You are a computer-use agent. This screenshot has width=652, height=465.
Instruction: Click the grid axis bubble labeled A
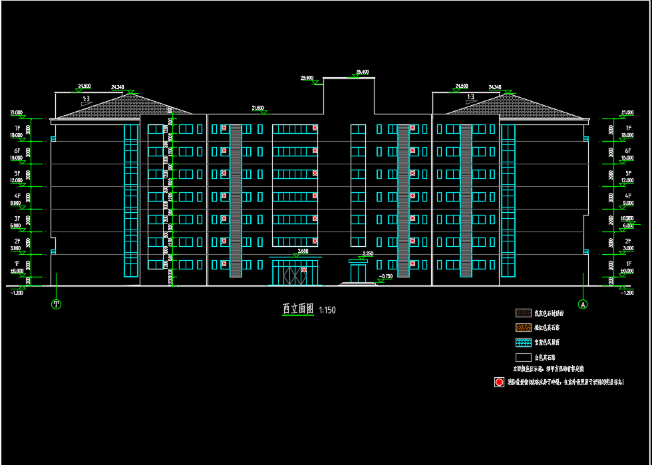coord(583,304)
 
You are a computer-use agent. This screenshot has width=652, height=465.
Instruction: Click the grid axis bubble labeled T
coord(57,304)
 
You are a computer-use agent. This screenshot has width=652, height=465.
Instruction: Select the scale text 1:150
coord(327,310)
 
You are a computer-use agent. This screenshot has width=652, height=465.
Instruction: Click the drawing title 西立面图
coord(297,309)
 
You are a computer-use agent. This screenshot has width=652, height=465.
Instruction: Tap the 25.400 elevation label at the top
coord(362,72)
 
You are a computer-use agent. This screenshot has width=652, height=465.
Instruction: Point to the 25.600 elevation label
coord(307,78)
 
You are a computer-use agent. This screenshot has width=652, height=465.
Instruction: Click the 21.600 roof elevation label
coord(257,107)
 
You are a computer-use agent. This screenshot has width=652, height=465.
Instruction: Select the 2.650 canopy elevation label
coord(303,251)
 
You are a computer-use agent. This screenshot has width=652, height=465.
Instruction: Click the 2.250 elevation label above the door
coord(367,253)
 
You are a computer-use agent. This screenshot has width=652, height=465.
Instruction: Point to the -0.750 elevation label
coord(386,275)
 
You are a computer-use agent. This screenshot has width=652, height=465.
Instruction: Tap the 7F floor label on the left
coord(17,128)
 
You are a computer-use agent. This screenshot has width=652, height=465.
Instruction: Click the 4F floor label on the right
coord(627,196)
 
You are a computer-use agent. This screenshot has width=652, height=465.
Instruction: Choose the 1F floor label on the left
coord(17,263)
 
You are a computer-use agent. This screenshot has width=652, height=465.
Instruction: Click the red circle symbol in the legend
coord(499,382)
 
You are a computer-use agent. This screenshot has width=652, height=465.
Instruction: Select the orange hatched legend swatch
coord(523,327)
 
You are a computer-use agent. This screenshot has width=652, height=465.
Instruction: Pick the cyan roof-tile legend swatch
coord(523,342)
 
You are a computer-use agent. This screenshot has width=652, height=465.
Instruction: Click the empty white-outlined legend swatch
coord(523,357)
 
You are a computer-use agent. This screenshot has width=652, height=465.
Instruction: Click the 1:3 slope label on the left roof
coord(86,98)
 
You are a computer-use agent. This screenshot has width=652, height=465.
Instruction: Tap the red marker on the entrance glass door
coord(303,269)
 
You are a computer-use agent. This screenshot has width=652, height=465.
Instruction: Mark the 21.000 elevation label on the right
coord(627,112)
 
